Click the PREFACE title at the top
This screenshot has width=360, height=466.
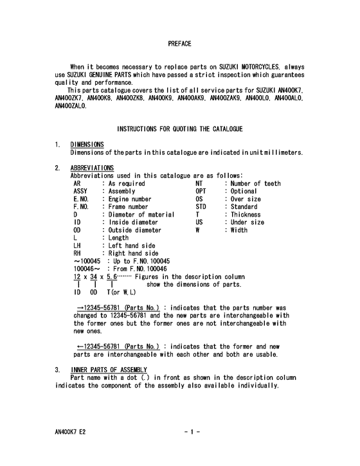coord(179,43)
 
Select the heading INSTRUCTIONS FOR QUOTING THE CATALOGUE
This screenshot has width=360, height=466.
coord(180,129)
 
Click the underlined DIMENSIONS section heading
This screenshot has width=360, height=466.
coord(87,145)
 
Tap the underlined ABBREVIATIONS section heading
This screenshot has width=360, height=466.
coord(92,168)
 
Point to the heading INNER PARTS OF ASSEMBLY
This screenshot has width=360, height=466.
coord(104,370)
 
